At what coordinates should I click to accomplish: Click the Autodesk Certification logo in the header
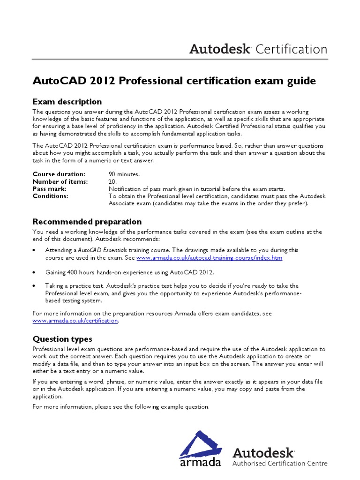click(258, 49)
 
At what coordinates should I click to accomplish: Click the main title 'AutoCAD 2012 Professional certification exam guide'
click(174, 81)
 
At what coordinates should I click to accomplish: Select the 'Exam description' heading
click(67, 102)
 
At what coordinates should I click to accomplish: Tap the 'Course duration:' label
click(59, 174)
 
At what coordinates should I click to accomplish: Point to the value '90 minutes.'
click(124, 174)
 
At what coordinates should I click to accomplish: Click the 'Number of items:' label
click(61, 181)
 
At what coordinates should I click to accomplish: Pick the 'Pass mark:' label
click(49, 189)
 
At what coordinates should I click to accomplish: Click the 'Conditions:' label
click(50, 196)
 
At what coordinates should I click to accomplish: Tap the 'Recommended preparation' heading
click(87, 222)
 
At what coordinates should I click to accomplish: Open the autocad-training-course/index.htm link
click(210, 258)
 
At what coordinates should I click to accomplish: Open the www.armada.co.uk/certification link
click(75, 321)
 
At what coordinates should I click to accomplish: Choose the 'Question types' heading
click(62, 339)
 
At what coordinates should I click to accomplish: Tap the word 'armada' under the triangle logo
click(200, 462)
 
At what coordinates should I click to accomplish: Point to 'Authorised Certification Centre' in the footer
click(280, 464)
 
